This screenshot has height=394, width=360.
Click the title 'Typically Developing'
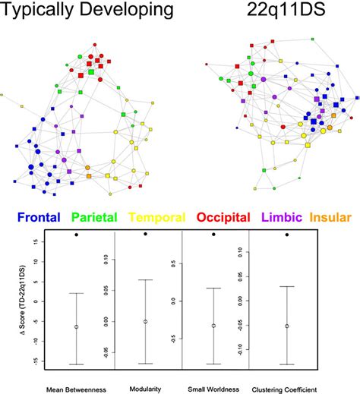87,11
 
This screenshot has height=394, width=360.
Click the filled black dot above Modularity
145,234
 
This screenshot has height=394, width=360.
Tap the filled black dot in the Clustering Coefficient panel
286,235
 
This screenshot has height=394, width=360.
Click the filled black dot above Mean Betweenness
76,235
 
